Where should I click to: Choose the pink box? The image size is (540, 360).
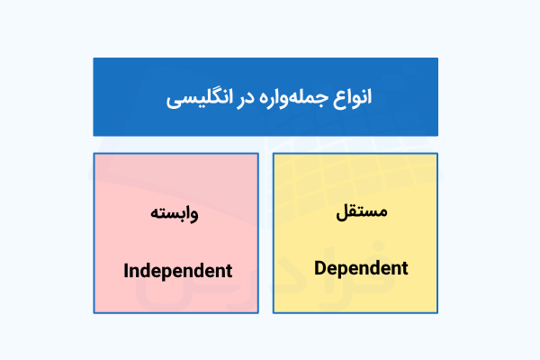click(x=175, y=232)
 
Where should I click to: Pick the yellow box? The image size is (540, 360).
click(x=355, y=232)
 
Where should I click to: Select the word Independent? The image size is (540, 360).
click(x=177, y=270)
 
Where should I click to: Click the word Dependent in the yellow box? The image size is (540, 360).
click(x=362, y=268)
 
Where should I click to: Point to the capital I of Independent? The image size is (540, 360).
click(x=126, y=270)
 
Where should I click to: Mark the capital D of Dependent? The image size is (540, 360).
click(x=321, y=267)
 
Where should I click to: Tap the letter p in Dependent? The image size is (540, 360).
click(x=346, y=270)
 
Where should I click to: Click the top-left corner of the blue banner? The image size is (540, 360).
click(x=94, y=58)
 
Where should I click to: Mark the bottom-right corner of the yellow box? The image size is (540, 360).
click(x=437, y=313)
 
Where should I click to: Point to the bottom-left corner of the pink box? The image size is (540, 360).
click(x=94, y=313)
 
